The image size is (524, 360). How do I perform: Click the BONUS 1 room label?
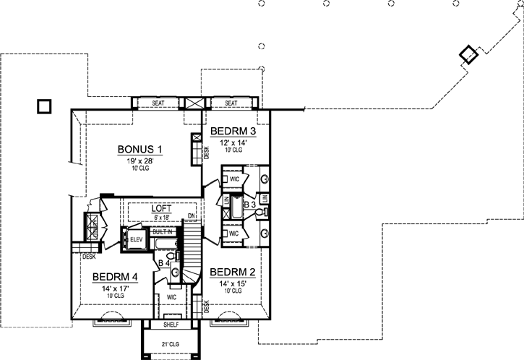tap(139, 150)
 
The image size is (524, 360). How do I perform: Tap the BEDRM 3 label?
tap(233, 132)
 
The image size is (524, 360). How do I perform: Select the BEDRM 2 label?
tap(232, 273)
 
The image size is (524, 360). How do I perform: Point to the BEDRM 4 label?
tap(115, 277)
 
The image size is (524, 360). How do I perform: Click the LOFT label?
tap(161, 207)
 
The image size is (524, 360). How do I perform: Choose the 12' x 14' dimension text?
tap(233, 142)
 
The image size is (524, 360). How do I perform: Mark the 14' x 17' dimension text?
tap(115, 288)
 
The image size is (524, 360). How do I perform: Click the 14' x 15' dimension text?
tap(232, 283)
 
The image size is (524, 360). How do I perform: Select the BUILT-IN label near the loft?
tap(163, 231)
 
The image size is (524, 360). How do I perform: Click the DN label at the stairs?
tap(191, 216)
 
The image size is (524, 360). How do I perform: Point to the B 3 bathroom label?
tap(250, 205)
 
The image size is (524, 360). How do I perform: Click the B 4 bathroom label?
tap(163, 263)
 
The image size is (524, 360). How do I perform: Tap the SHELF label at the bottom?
tap(171, 316)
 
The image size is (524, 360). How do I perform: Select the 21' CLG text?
tap(171, 343)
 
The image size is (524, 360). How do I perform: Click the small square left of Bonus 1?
tap(45, 106)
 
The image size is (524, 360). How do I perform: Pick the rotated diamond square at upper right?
tap(468, 55)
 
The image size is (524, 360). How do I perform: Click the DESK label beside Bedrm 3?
tap(206, 152)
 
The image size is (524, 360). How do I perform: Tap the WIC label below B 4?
tap(172, 296)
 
